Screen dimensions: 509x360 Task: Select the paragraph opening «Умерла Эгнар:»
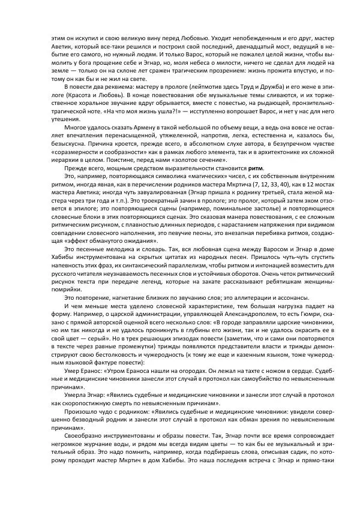click(85, 395)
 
